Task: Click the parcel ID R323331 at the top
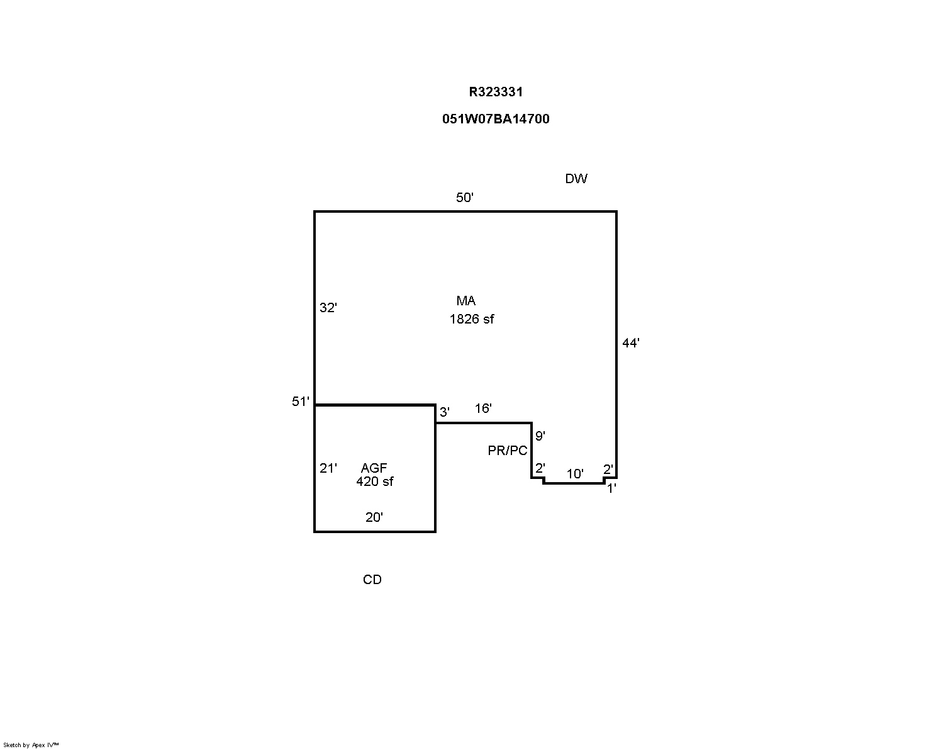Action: (x=496, y=92)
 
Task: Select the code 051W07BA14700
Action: (x=496, y=119)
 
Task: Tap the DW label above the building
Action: (x=576, y=178)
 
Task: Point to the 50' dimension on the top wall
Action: (x=464, y=198)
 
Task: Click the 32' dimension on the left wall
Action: (x=328, y=308)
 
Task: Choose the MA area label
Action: (x=466, y=301)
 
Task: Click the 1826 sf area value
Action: (x=472, y=320)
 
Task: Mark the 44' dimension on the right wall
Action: (x=631, y=343)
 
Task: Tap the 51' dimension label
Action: (x=301, y=402)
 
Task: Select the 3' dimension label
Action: (x=445, y=412)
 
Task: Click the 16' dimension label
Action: (x=483, y=408)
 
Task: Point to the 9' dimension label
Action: (x=540, y=436)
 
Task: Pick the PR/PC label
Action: (x=507, y=451)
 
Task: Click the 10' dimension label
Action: (x=575, y=473)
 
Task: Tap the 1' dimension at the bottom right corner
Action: (x=611, y=489)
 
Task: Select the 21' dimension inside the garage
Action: (x=328, y=468)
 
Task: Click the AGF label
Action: (x=374, y=468)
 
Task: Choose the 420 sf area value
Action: (x=374, y=481)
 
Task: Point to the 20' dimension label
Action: (x=374, y=517)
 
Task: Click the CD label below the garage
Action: (x=372, y=579)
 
